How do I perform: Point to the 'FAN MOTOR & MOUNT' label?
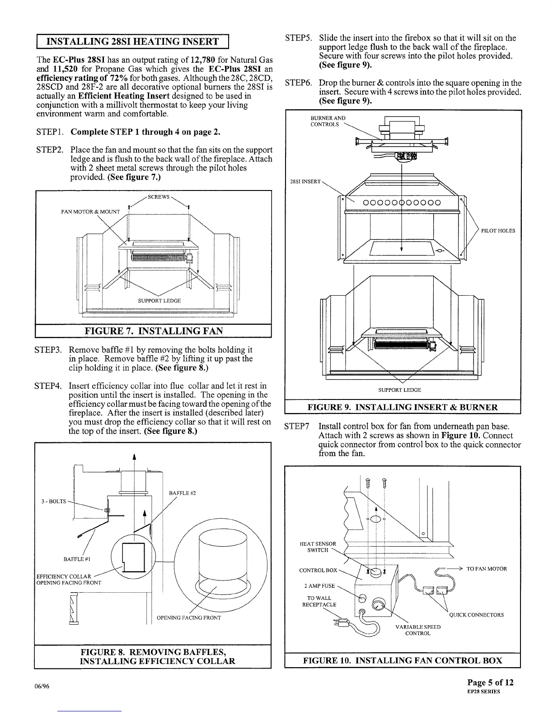pos(91,212)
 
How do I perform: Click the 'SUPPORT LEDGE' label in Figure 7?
pos(159,301)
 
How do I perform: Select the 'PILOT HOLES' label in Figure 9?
pos(498,231)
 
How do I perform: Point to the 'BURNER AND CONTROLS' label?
pos(328,121)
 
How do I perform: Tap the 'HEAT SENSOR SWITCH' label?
pos(318,547)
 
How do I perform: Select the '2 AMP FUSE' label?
pos(319,586)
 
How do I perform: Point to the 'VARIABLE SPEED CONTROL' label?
pos(418,630)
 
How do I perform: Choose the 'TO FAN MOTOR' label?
pos(487,569)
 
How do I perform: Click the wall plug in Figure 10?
pos(338,623)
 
